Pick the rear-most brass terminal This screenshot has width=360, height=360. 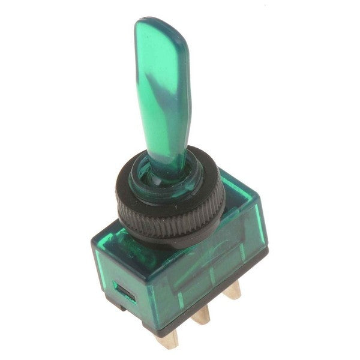(233, 291)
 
